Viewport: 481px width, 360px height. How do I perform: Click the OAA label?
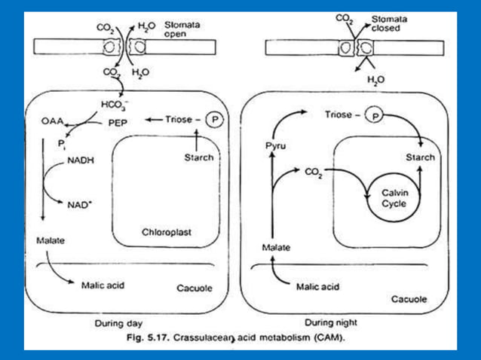coord(53,119)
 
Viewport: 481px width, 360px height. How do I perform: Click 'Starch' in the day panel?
coord(198,157)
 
